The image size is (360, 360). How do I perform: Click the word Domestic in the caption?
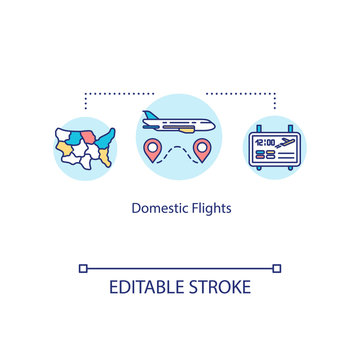[157, 212]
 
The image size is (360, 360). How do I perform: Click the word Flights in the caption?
[209, 212]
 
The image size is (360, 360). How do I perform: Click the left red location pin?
[153, 150]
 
